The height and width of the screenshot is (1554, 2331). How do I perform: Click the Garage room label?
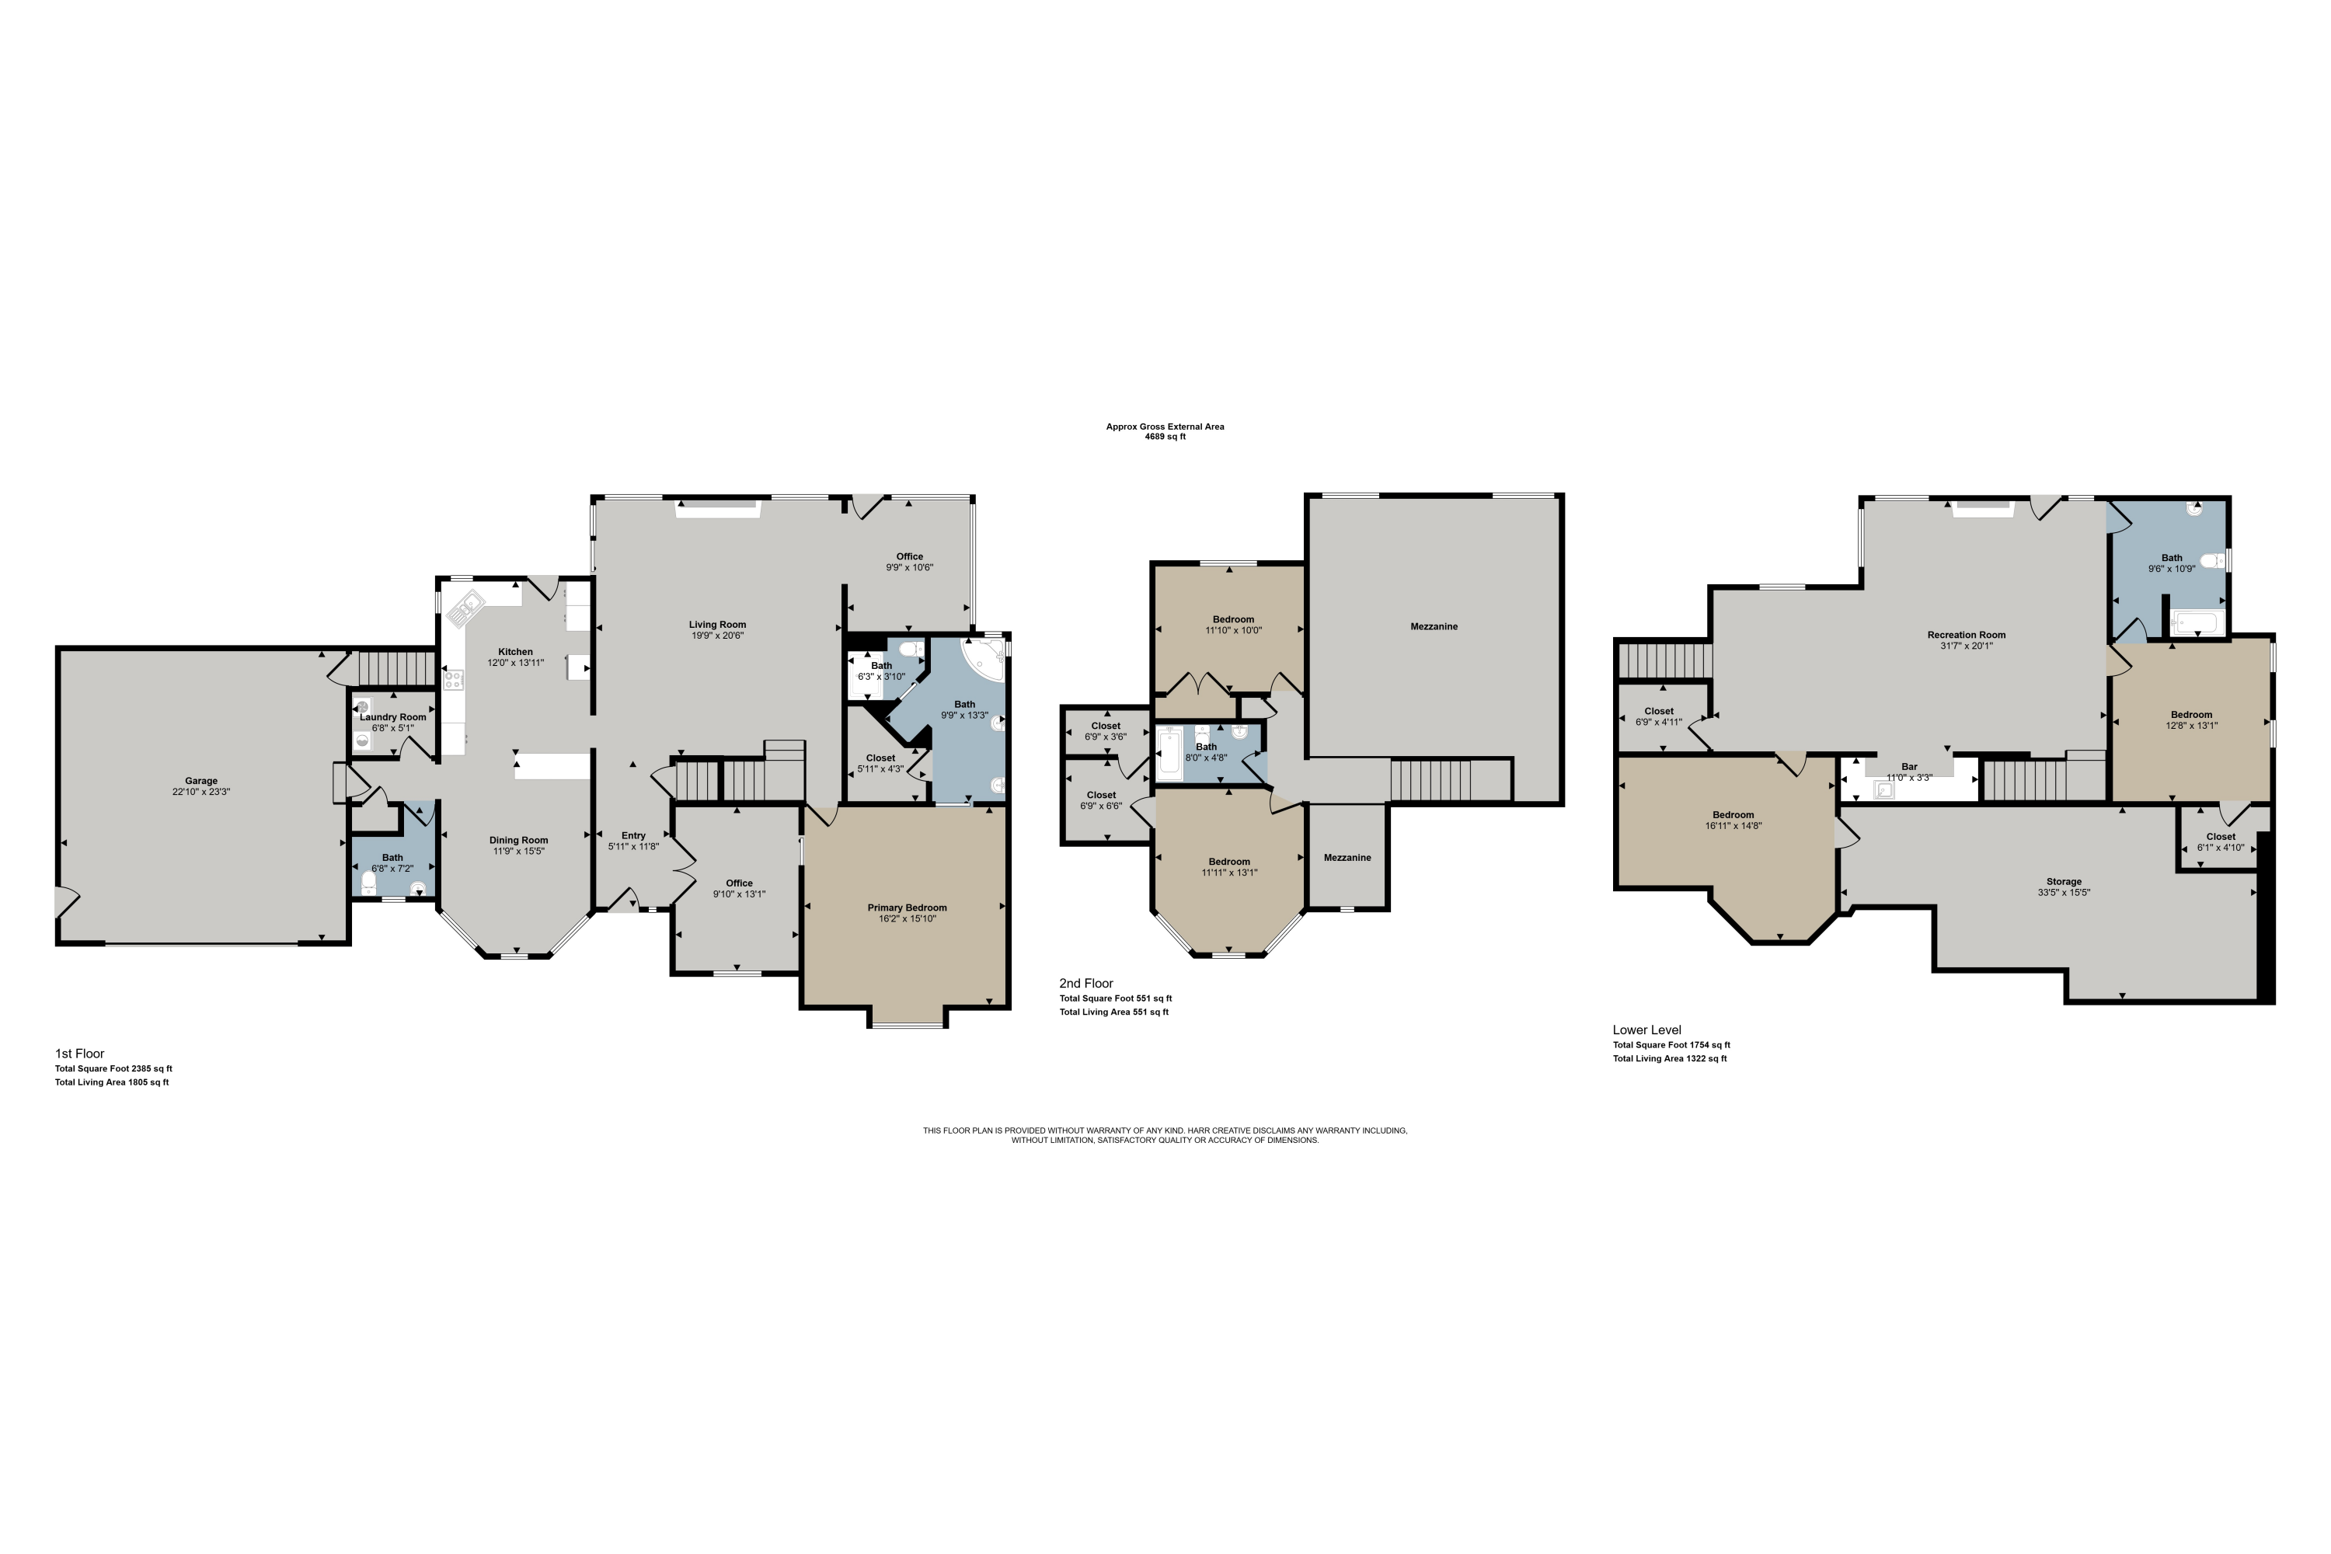(201, 781)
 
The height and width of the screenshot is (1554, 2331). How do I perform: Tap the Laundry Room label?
(393, 716)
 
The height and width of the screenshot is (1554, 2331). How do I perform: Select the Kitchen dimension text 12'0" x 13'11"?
(515, 663)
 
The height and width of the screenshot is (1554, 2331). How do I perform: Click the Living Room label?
(717, 625)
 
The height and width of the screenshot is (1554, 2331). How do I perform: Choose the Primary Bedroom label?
(907, 908)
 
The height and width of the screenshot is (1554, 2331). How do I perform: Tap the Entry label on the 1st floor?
(633, 835)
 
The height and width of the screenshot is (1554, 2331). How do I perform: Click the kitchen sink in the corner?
(465, 608)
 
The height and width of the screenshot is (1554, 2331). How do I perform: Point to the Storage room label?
(2064, 881)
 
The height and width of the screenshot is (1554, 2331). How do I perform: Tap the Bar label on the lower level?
(1909, 766)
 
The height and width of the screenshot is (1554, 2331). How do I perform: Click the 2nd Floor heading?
(1086, 983)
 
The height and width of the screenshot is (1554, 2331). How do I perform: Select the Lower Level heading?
(1647, 1030)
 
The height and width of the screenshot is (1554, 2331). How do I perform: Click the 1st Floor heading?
(79, 1054)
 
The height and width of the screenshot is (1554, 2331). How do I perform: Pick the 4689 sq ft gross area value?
(1165, 436)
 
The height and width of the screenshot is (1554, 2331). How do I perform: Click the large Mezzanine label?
(1434, 626)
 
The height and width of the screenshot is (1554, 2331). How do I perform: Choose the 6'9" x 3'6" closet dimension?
(1106, 737)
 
